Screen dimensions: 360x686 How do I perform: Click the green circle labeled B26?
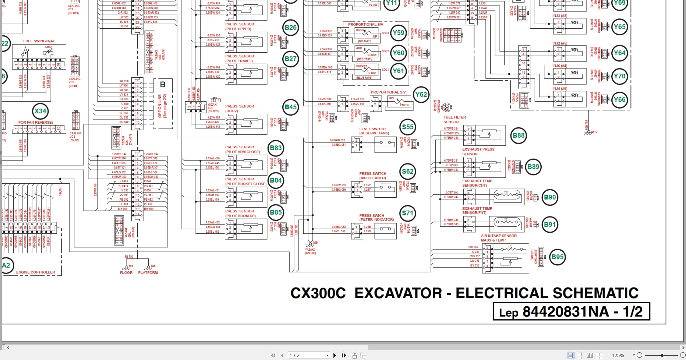pos(290,28)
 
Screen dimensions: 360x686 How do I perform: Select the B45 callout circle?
pos(290,107)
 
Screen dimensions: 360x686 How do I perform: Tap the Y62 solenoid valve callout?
pos(421,95)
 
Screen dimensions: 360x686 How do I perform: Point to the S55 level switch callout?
pos(408,127)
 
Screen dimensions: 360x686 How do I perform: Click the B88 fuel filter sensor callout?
pos(519,135)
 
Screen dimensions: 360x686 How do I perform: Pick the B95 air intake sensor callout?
pos(558,257)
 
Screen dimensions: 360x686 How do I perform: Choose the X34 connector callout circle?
pos(40,111)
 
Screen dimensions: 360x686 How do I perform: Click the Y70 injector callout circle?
pos(619,76)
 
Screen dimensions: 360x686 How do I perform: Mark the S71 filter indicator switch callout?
pos(408,213)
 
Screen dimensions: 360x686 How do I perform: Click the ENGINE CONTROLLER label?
pos(36,272)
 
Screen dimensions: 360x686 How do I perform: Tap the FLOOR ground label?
pos(126,273)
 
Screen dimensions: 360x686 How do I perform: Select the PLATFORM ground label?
pos(148,273)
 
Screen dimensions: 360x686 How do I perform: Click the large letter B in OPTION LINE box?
pos(163,85)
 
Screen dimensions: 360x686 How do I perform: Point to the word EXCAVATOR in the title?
pos(398,293)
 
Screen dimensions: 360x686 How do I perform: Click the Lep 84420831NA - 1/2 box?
pos(571,312)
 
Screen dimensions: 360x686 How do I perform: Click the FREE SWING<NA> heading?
pos(39,41)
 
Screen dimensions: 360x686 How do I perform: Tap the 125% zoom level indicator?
pos(618,355)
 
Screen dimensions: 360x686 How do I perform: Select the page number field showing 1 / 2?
pos(308,355)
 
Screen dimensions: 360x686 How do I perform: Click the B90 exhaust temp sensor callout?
pos(550,197)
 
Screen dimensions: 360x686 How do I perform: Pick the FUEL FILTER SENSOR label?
pos(455,120)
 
